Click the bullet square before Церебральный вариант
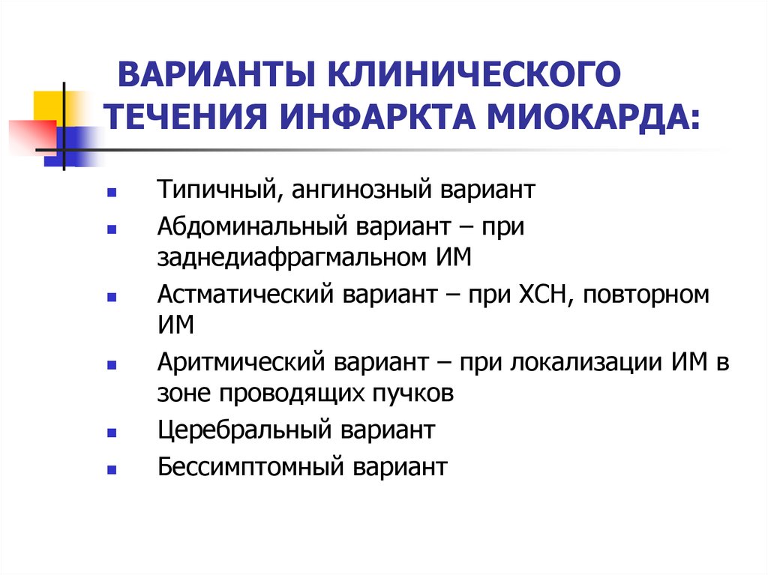(x=111, y=433)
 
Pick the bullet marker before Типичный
(x=111, y=192)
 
